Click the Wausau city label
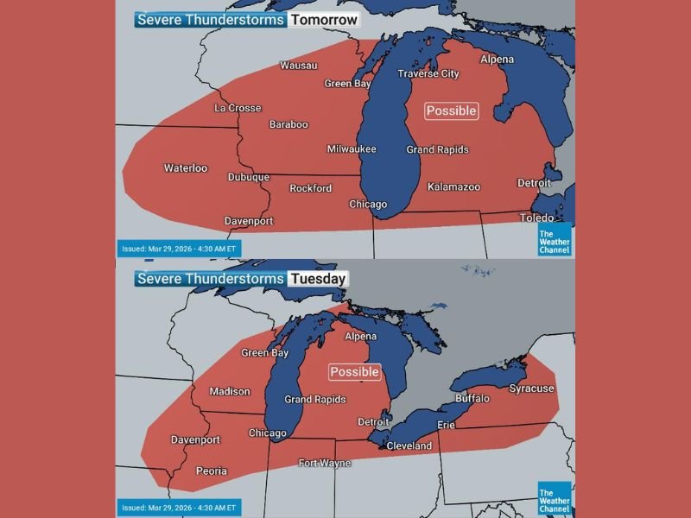pos(299,66)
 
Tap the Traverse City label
pos(428,74)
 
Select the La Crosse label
pos(238,108)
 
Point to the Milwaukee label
pos(352,149)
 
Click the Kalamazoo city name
pos(453,186)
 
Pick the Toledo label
pos(536,218)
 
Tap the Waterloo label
pos(186,167)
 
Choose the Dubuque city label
pos(249,177)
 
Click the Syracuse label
pos(531,388)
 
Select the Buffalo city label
pos(472,399)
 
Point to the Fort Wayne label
pos(324,463)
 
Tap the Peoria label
pos(212,471)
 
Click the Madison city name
pos(230,392)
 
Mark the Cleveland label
pos(409,446)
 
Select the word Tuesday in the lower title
pos(317,279)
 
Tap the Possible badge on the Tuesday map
pos(355,372)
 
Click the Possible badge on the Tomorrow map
pos(451,111)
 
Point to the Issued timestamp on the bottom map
pos(179,508)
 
